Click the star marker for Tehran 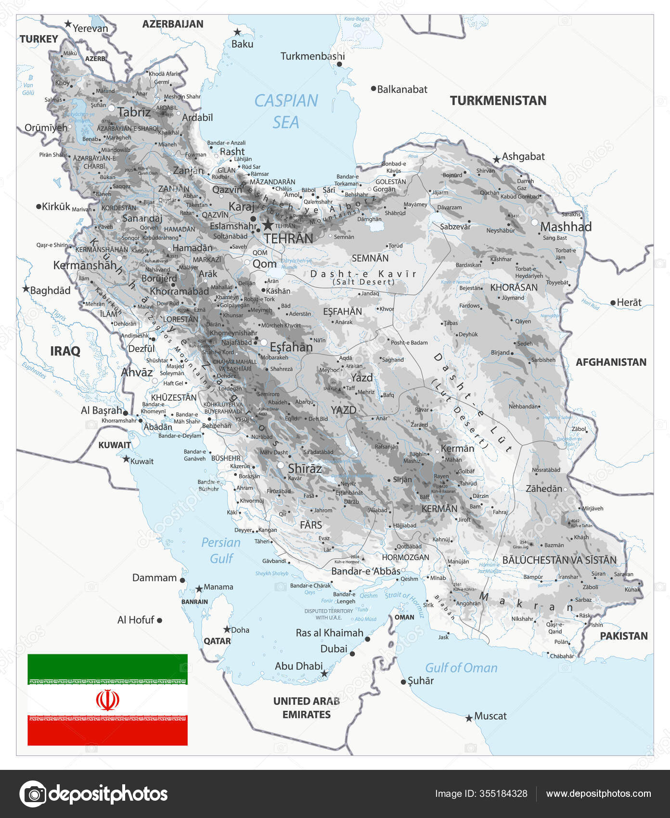(268, 225)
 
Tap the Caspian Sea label (286, 111)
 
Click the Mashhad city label (566, 227)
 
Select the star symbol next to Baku (237, 32)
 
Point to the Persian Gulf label (221, 550)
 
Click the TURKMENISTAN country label (498, 101)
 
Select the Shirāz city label (305, 468)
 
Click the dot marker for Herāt (613, 303)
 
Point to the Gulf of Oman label (461, 668)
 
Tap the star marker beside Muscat (469, 718)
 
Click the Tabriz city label (134, 112)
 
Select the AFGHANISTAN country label (611, 362)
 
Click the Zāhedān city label (543, 488)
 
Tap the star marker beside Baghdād (26, 289)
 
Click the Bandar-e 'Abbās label (365, 571)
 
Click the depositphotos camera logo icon (33, 793)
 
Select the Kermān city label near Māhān (457, 448)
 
